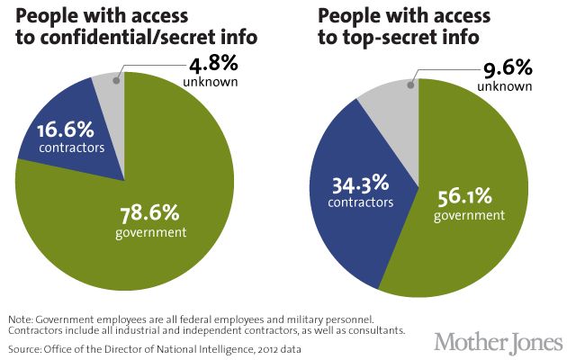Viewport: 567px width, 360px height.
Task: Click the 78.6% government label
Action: point(151,221)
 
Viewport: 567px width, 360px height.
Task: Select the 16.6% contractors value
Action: point(67,135)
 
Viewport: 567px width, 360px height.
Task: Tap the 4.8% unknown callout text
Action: point(213,72)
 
